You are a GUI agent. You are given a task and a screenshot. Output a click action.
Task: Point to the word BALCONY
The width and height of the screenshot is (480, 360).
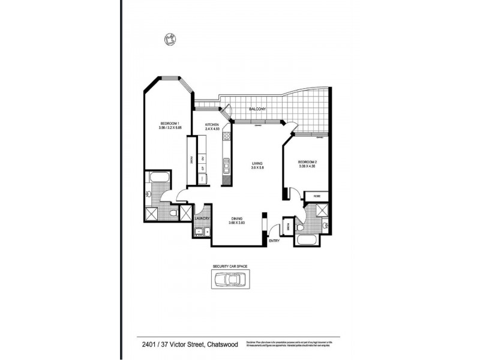click(x=257, y=109)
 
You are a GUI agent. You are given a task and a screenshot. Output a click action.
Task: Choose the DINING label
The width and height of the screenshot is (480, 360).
click(x=237, y=219)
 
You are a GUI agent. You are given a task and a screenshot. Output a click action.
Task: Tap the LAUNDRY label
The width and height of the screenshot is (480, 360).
click(x=200, y=218)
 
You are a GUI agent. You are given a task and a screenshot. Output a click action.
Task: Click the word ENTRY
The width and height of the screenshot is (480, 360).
click(x=274, y=241)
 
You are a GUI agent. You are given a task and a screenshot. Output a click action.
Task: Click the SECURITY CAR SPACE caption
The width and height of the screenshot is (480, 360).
click(x=230, y=265)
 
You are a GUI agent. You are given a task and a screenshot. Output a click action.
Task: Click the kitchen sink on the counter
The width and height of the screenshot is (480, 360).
click(x=226, y=164)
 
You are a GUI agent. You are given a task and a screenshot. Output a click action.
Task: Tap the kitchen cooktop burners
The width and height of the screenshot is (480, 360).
click(x=226, y=142)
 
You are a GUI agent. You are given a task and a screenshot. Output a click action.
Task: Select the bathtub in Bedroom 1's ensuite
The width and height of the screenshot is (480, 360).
click(x=160, y=178)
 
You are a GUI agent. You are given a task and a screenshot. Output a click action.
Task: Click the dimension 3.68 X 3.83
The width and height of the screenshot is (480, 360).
click(x=237, y=223)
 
